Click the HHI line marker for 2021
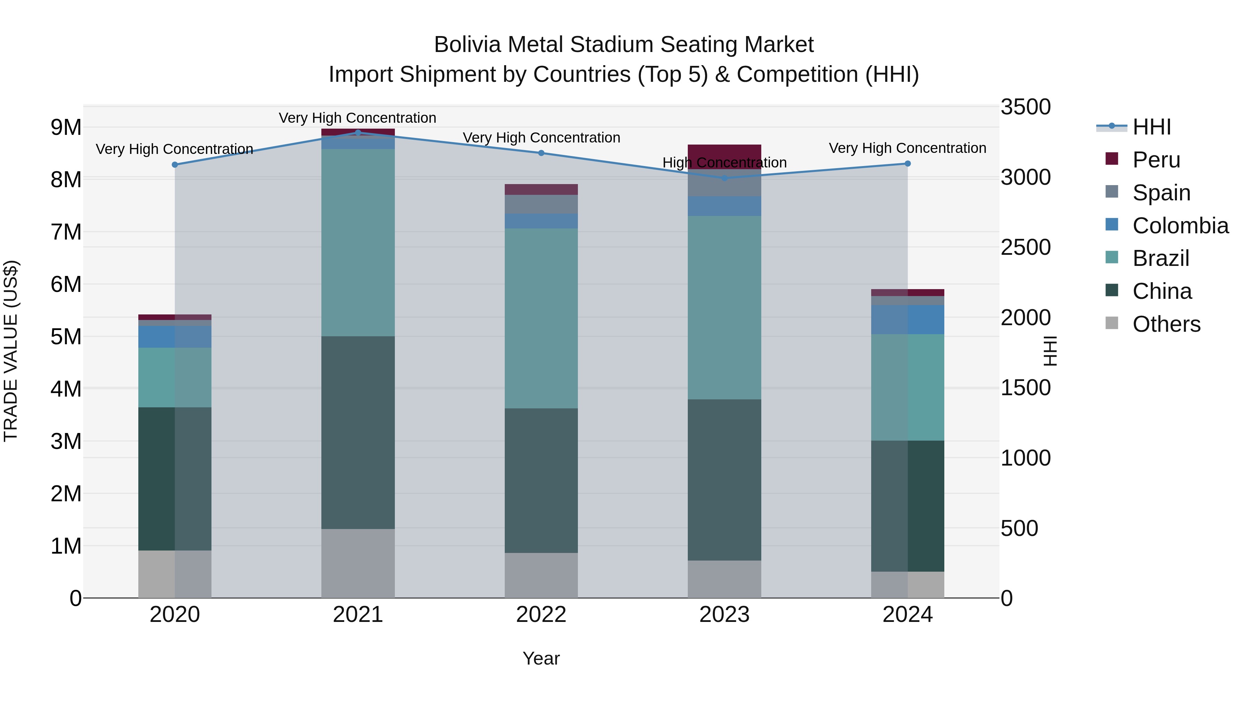pos(358,133)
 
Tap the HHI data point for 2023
pos(724,178)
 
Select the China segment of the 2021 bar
pos(358,432)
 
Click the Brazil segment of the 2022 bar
pos(541,318)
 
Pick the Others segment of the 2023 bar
pos(724,579)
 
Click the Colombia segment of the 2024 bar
pos(908,319)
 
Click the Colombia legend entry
pos(1180,226)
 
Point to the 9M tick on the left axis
pos(66,128)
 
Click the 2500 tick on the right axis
pos(1026,248)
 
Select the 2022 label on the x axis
pos(541,615)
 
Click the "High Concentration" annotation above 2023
pos(724,163)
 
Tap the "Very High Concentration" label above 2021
pos(357,118)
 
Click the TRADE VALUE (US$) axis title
pos(11,351)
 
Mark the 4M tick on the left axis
pos(66,389)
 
